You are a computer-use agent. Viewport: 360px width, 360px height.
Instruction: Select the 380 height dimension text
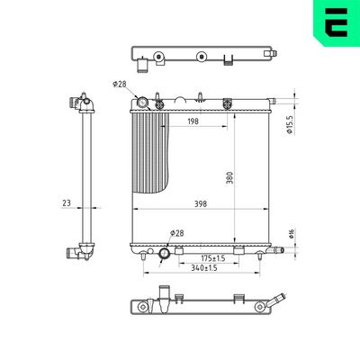pos(229,178)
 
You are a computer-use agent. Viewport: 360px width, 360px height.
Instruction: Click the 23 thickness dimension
pos(67,203)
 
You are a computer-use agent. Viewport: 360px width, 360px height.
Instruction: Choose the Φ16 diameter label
pos(290,234)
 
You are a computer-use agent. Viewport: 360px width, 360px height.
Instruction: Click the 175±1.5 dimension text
pos(203,257)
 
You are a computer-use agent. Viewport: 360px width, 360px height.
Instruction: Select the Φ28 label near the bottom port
pos(178,234)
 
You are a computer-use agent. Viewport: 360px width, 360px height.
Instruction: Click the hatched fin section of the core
pos(150,148)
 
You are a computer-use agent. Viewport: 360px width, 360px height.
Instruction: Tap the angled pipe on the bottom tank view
pos(281,299)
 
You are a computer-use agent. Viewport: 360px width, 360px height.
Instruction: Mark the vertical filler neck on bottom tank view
pos(164,293)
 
